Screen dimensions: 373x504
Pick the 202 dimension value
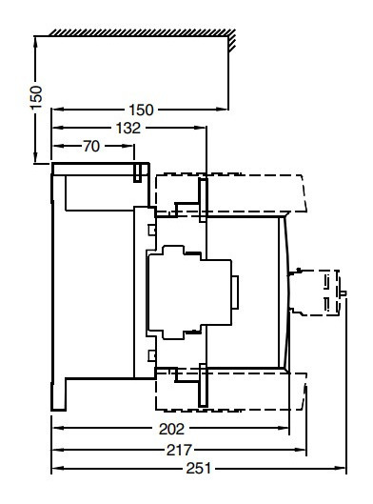pyautogui.click(x=171, y=429)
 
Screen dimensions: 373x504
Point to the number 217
pyautogui.click(x=179, y=449)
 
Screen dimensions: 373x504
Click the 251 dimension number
pyautogui.click(x=198, y=469)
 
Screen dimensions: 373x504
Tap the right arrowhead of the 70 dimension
pyautogui.click(x=132, y=146)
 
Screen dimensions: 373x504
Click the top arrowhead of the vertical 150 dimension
pyautogui.click(x=36, y=41)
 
